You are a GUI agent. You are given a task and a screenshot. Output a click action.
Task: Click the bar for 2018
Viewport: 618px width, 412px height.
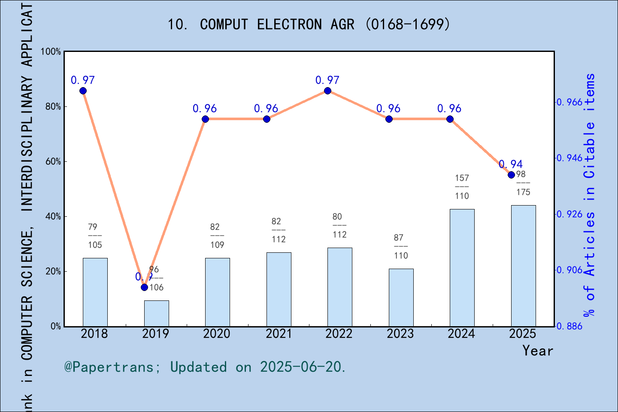pos(95,292)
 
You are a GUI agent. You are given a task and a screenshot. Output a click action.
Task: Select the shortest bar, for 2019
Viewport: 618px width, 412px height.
pos(156,313)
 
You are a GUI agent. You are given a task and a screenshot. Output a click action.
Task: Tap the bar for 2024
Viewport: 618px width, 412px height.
pos(462,267)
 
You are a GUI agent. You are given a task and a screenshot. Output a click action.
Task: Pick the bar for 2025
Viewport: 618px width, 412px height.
pos(523,266)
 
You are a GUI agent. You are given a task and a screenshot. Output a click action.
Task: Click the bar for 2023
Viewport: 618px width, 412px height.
pos(401,297)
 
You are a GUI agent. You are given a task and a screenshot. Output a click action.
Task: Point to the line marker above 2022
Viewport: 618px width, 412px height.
pos(327,91)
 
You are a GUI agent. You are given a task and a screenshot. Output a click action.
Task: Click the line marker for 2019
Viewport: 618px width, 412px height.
pos(144,287)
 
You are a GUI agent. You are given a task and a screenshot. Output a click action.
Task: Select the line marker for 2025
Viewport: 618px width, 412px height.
pos(511,175)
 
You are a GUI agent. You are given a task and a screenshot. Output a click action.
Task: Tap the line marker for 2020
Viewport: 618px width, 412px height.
pos(205,119)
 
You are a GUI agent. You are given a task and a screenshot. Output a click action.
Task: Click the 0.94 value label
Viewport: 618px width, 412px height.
pos(511,164)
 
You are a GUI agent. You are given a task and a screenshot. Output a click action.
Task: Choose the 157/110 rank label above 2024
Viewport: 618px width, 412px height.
pos(462,187)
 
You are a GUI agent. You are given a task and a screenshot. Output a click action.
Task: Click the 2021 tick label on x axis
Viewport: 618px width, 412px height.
pos(278,333)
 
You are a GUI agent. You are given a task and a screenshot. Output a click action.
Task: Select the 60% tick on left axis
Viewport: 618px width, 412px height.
pos(53,162)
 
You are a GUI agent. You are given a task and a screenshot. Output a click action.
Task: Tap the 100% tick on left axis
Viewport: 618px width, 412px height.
pos(51,51)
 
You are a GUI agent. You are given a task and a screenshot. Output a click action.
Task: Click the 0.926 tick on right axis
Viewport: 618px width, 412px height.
pos(570,214)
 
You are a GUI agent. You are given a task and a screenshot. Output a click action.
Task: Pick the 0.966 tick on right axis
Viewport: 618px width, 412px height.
pos(570,102)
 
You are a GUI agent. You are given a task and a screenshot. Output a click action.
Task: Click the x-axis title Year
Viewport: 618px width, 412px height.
pos(537,351)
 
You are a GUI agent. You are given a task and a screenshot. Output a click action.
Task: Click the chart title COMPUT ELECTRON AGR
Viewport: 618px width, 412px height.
pos(309,24)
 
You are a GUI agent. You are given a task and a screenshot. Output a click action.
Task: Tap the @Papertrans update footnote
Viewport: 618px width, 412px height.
pos(205,367)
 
